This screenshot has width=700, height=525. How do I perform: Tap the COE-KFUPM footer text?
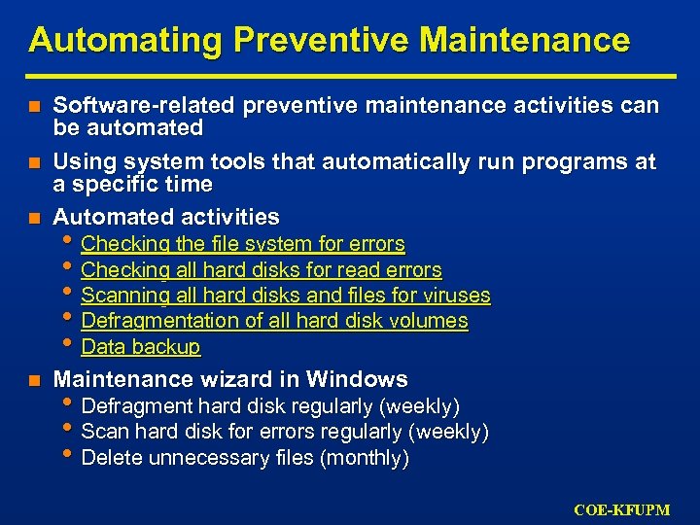(621, 509)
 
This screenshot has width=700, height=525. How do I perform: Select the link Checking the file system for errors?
(243, 244)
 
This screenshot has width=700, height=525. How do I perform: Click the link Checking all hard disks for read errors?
(262, 270)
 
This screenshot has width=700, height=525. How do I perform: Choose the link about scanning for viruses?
(286, 296)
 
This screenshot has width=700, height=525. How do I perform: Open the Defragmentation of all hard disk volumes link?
(274, 321)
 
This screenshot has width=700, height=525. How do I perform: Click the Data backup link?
(141, 347)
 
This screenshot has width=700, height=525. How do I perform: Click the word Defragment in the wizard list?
(136, 406)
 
